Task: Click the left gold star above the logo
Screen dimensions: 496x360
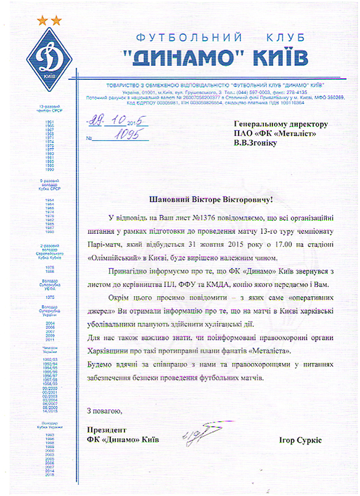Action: click(x=42, y=21)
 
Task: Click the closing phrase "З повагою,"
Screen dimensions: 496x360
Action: click(x=104, y=410)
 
